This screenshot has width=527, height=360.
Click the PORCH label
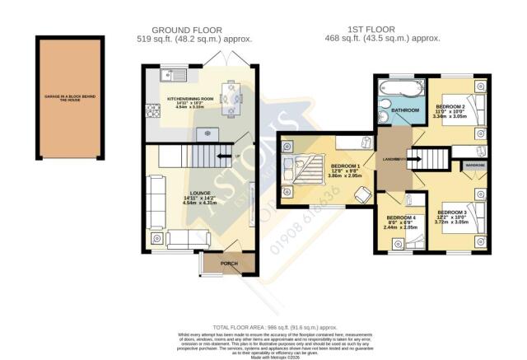click(x=229, y=264)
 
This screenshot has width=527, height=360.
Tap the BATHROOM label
click(x=405, y=110)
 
